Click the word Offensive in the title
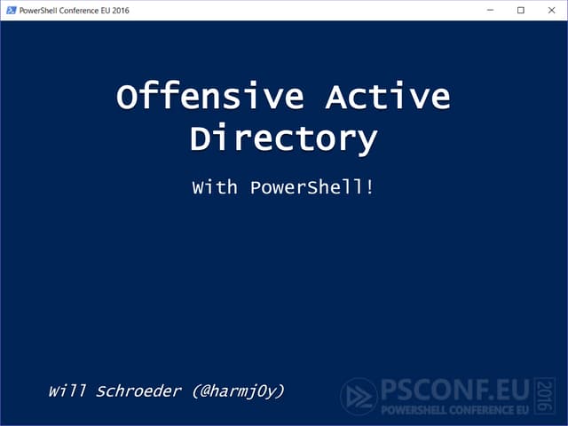point(209,97)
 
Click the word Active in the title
point(387,97)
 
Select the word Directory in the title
point(284,139)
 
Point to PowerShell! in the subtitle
point(312,188)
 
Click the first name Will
point(67,390)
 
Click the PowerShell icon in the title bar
point(11,10)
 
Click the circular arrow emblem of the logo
point(359,397)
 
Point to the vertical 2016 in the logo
point(545,397)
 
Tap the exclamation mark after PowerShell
point(368,188)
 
